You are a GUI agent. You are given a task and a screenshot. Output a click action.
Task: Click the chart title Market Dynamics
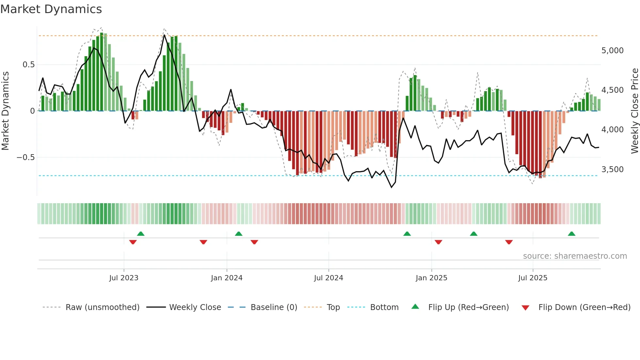pyautogui.click(x=51, y=9)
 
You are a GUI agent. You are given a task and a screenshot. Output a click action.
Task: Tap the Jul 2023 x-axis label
pyautogui.click(x=124, y=278)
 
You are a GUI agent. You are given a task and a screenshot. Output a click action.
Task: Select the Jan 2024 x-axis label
pyautogui.click(x=227, y=278)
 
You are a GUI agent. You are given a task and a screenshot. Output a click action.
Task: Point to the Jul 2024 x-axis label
pyautogui.click(x=328, y=278)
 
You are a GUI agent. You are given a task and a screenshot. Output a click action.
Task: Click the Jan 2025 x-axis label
pyautogui.click(x=431, y=278)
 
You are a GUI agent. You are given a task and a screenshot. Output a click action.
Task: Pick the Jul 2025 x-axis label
pyautogui.click(x=533, y=278)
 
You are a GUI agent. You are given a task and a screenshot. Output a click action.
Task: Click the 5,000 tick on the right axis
pyautogui.click(x=612, y=51)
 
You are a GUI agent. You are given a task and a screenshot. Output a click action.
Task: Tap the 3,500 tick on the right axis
pyautogui.click(x=612, y=170)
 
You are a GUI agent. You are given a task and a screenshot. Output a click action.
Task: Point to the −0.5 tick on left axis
pyautogui.click(x=25, y=157)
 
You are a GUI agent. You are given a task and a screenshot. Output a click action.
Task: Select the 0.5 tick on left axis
pyautogui.click(x=28, y=65)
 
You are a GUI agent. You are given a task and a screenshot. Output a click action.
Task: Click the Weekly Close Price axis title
pyautogui.click(x=634, y=111)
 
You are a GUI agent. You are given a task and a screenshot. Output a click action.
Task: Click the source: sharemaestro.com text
pyautogui.click(x=575, y=256)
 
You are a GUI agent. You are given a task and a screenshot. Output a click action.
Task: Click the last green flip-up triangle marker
pyautogui.click(x=571, y=234)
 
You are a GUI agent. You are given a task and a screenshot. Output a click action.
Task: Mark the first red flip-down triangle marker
pyautogui.click(x=133, y=242)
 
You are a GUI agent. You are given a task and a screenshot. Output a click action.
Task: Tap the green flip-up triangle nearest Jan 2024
pyautogui.click(x=239, y=234)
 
